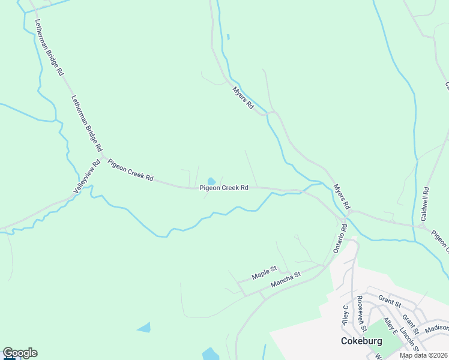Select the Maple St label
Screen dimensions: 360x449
pyautogui.click(x=264, y=274)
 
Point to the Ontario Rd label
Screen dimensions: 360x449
pyautogui.click(x=340, y=238)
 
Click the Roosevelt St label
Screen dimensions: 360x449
pyautogui.click(x=361, y=313)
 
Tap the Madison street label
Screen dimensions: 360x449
pyautogui.click(x=436, y=328)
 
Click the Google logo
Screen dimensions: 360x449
pyautogui.click(x=20, y=353)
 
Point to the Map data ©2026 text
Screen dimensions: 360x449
pyautogui.click(x=423, y=355)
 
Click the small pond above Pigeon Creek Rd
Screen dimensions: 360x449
pyautogui.click(x=211, y=181)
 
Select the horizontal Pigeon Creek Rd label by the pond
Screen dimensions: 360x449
pyautogui.click(x=224, y=188)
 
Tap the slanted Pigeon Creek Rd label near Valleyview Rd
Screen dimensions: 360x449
pyautogui.click(x=130, y=170)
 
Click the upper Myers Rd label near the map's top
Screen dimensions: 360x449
pyautogui.click(x=243, y=97)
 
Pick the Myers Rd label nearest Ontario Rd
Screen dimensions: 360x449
pyautogui.click(x=342, y=196)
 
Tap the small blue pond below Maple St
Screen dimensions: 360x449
pyautogui.click(x=144, y=327)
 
